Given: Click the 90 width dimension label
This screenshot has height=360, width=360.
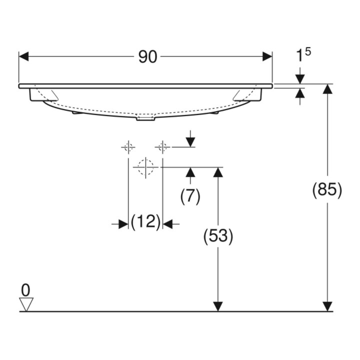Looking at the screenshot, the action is pos(147,56).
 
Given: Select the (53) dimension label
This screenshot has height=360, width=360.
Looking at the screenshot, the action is pos(218,236).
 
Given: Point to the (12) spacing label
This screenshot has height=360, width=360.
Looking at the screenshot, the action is pos(145,222).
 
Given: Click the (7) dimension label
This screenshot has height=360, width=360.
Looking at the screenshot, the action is pos(190,197).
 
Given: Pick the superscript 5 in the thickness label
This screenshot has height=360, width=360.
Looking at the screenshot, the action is pos(308,52).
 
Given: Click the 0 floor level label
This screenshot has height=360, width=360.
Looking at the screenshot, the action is pos(25,290).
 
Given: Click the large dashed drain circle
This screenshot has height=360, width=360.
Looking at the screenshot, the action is pos(145,167).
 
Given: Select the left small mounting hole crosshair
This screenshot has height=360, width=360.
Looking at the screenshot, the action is pos(128,147).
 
